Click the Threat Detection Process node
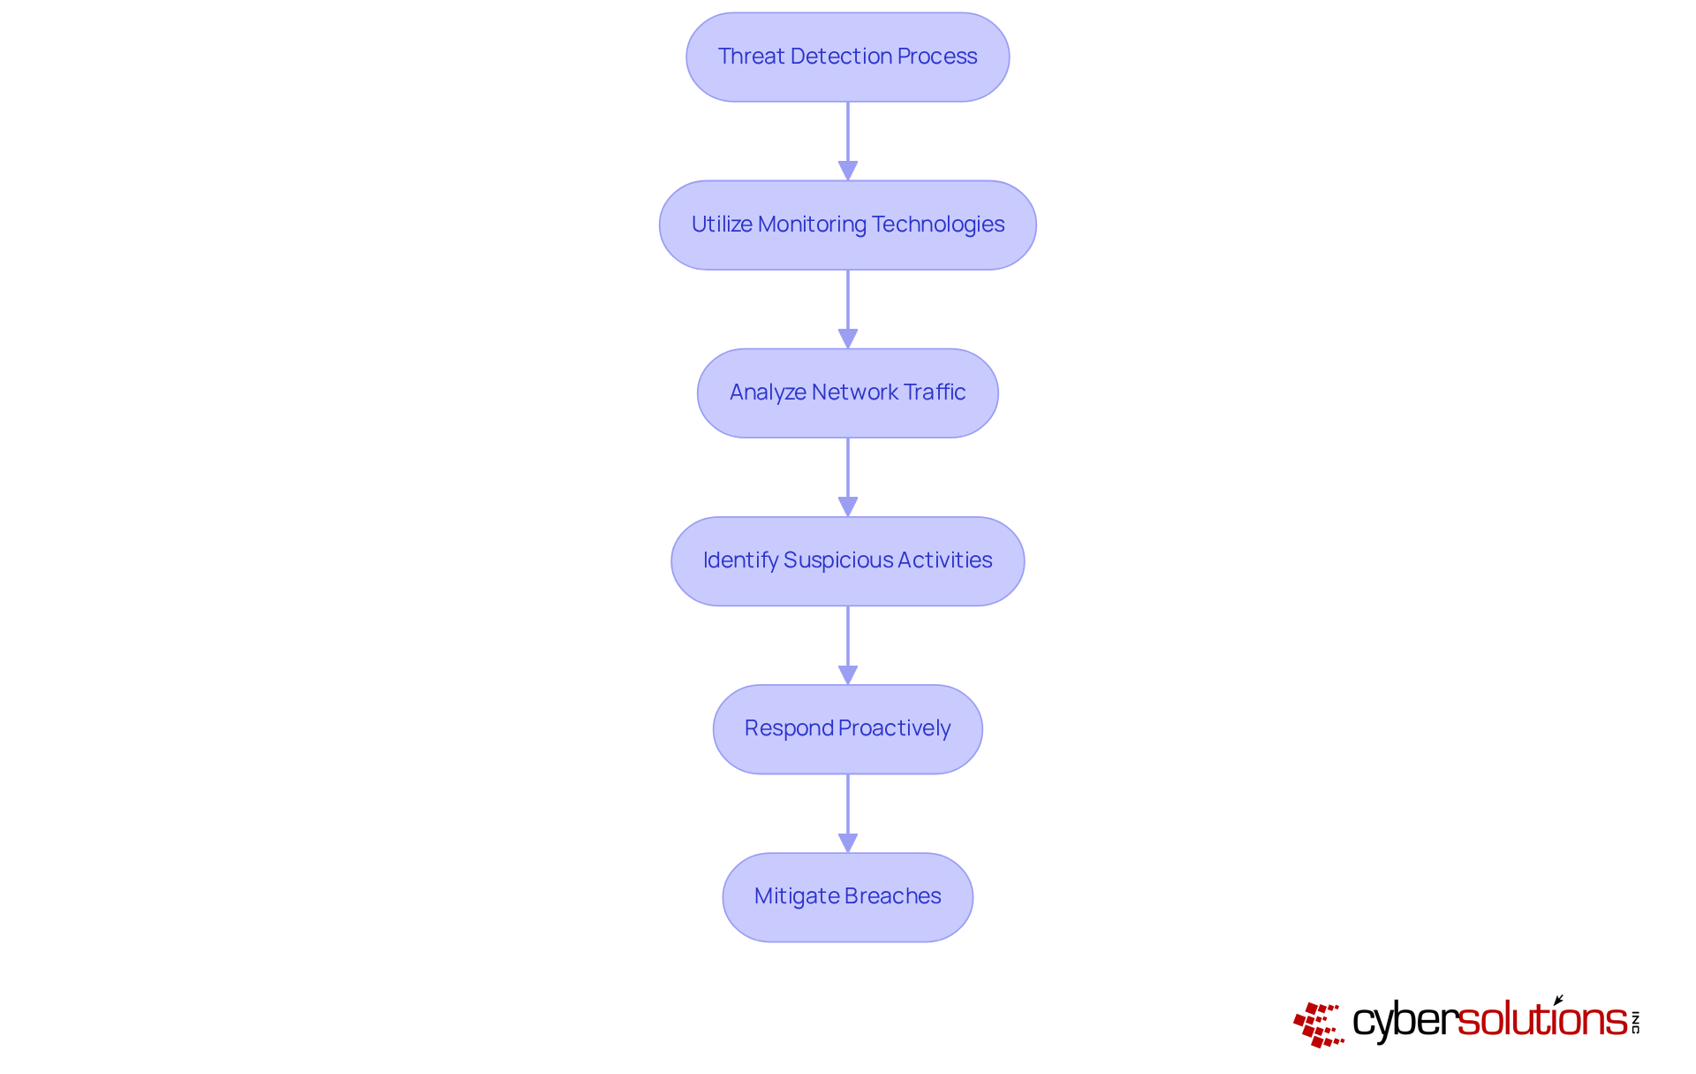click(847, 57)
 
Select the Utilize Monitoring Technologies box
click(847, 225)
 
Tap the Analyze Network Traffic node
click(847, 392)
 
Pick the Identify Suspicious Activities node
click(847, 560)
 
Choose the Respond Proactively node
click(847, 728)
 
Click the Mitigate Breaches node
click(847, 896)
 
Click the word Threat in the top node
click(752, 57)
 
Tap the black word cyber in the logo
click(1404, 1022)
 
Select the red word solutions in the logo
click(1541, 1020)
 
